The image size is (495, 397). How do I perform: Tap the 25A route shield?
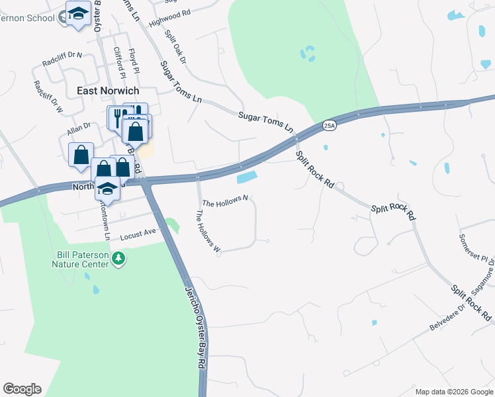(x=330, y=125)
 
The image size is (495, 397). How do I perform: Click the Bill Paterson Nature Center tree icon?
(x=118, y=257)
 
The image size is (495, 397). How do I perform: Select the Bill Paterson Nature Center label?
(x=80, y=259)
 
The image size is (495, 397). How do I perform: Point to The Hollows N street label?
(x=225, y=200)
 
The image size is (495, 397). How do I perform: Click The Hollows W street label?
(x=207, y=232)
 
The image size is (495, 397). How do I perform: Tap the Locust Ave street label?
(x=137, y=235)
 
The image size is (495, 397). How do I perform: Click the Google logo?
(x=22, y=389)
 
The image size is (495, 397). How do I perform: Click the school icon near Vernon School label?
(x=78, y=15)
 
